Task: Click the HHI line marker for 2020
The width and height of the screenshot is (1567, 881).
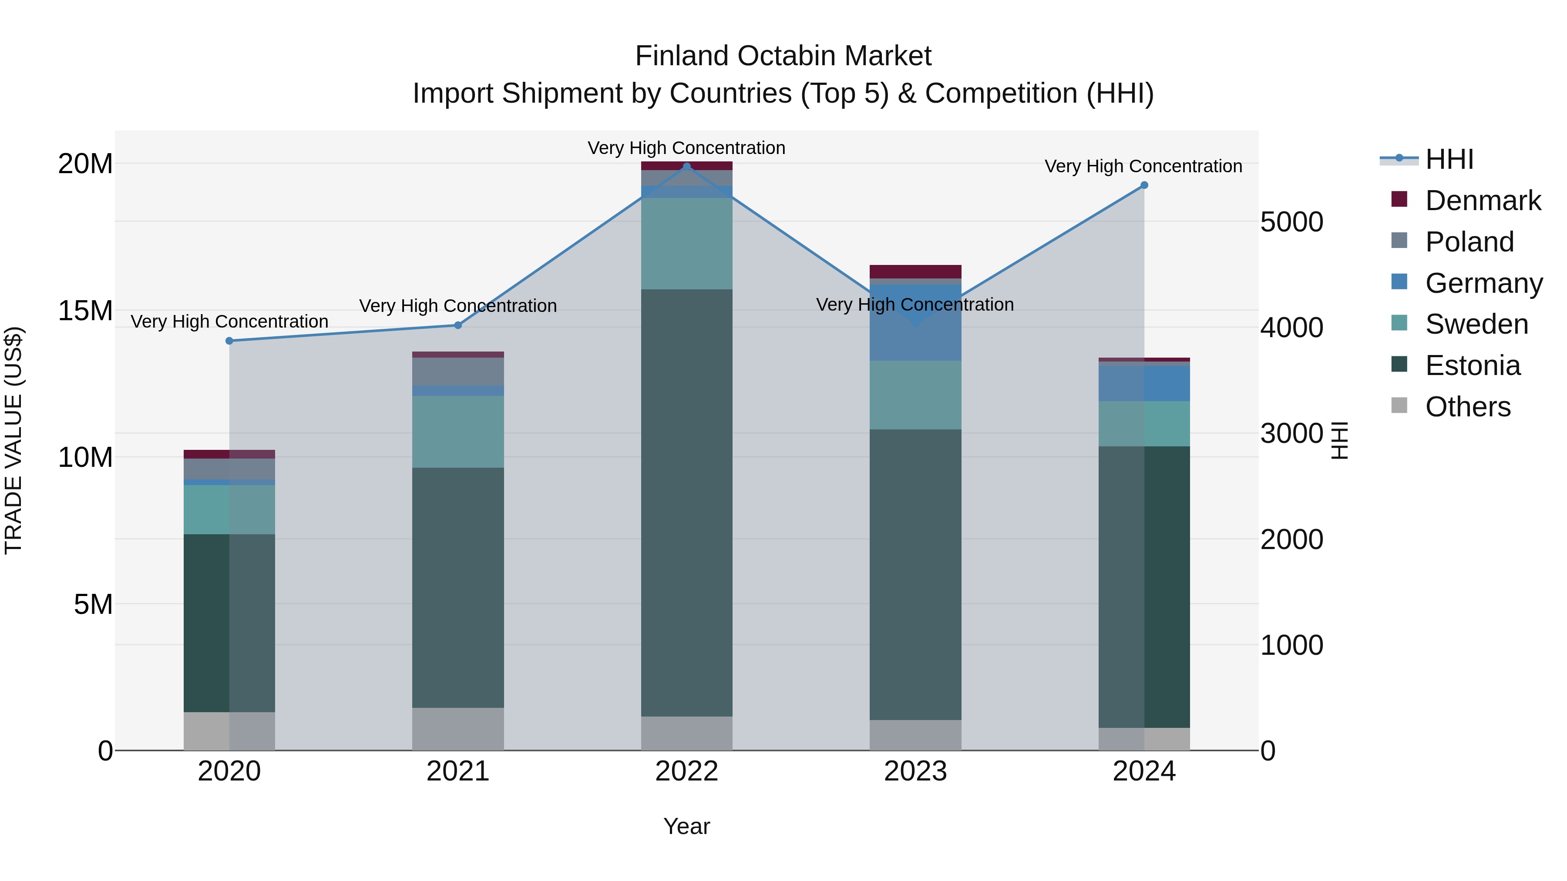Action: point(229,341)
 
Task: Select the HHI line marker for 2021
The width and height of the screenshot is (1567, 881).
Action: point(458,325)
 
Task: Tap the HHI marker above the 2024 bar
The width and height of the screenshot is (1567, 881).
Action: point(1144,185)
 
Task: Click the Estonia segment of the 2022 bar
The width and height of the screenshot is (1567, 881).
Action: point(687,502)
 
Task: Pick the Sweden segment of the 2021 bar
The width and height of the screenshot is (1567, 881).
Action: point(458,432)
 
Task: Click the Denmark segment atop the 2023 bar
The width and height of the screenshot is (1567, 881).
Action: point(915,271)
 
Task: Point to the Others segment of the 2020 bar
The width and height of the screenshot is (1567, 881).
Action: point(229,731)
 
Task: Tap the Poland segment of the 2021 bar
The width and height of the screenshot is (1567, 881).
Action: point(458,372)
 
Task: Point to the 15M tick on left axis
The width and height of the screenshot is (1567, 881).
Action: point(85,311)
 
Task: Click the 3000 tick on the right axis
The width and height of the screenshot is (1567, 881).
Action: point(1291,433)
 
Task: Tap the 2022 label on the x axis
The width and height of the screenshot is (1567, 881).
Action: point(687,771)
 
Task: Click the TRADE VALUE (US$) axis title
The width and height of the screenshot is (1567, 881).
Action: point(13,441)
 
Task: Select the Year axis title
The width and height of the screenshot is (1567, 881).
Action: point(687,826)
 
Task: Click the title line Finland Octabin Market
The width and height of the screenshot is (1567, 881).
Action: point(783,56)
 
